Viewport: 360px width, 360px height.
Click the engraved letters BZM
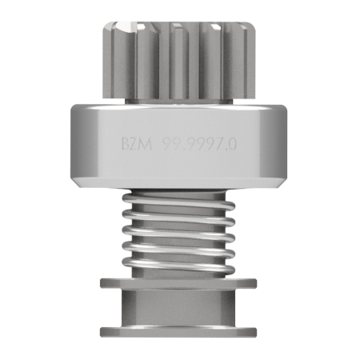pos(137,144)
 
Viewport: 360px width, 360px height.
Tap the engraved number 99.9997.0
pos(200,144)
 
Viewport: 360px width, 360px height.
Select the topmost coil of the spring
pos(178,202)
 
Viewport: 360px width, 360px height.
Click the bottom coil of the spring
pos(178,266)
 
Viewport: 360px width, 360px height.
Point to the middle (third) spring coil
pos(178,233)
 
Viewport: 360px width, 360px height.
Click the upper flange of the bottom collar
pos(178,283)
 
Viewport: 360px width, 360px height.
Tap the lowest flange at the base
pos(178,331)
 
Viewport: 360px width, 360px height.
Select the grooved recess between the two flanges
pos(178,307)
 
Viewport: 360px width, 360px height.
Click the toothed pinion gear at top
pos(179,60)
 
